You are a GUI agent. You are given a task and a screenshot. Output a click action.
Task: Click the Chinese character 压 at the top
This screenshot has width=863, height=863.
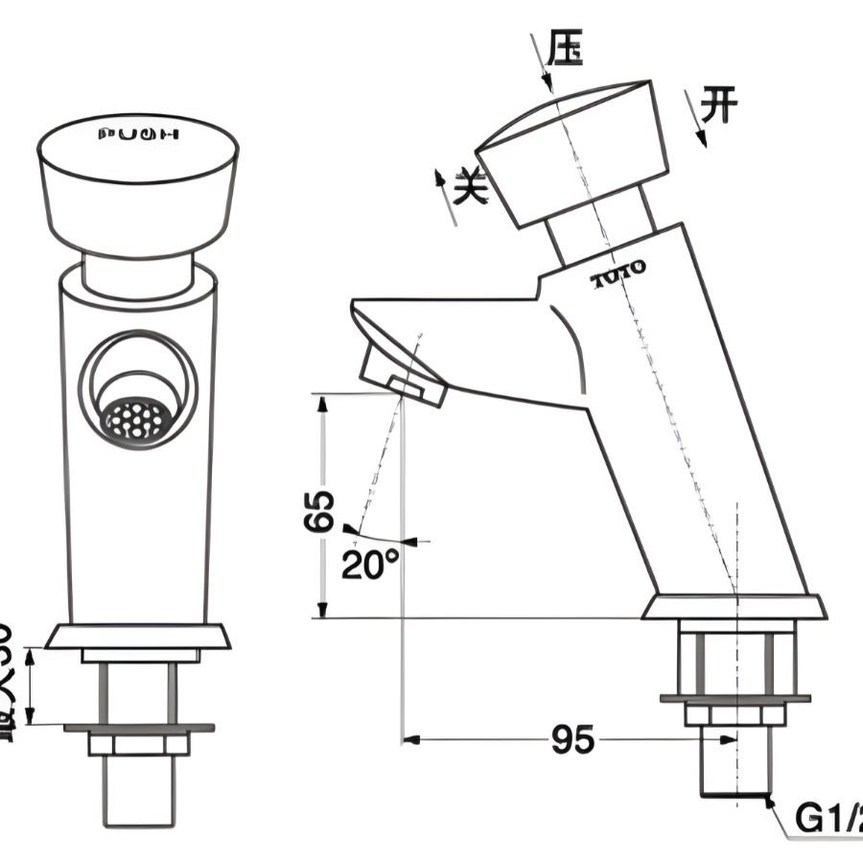566,47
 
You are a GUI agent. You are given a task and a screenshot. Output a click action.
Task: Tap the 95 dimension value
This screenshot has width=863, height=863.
572,739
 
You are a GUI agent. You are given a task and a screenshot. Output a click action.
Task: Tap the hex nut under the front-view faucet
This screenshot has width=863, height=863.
138,744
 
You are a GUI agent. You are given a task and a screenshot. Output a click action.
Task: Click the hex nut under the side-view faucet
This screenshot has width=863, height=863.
735,714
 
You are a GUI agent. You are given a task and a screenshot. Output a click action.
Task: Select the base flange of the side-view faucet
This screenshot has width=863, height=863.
735,607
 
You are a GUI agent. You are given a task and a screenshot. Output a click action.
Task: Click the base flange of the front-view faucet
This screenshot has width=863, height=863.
138,636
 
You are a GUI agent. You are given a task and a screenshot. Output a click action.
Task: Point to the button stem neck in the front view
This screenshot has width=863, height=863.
138,272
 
